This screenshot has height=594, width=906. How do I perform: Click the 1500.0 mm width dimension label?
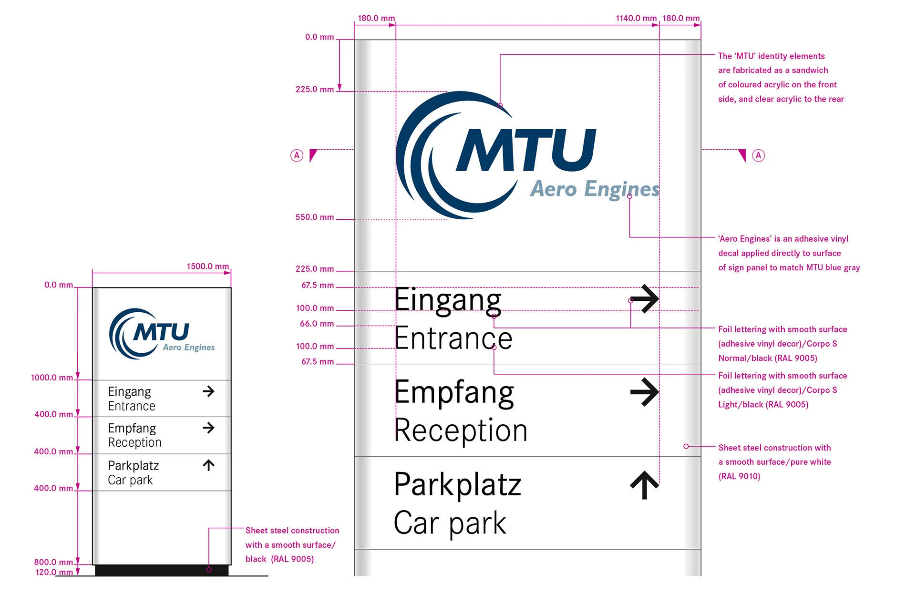point(207,266)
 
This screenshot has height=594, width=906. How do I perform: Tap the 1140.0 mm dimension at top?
point(636,18)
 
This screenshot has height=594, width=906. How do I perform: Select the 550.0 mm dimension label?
point(315,217)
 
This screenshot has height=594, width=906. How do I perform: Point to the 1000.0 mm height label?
point(52,378)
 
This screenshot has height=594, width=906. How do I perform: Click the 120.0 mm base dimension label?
point(54,572)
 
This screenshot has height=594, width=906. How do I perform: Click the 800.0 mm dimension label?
point(53,562)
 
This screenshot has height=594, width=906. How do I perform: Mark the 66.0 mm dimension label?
point(317,324)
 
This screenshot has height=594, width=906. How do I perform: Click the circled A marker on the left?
point(297,155)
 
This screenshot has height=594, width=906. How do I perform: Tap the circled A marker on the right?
point(758,155)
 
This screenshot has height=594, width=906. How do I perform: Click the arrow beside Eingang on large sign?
point(644,299)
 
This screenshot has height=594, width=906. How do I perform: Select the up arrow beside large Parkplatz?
point(645,485)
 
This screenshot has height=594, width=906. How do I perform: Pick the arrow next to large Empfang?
point(644,392)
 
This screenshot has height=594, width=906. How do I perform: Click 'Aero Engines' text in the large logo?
point(595,189)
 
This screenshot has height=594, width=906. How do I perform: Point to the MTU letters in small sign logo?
point(161,332)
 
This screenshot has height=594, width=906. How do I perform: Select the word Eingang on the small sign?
point(129,392)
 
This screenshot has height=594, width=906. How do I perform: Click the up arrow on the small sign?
point(208,465)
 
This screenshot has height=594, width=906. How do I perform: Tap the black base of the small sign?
point(162,570)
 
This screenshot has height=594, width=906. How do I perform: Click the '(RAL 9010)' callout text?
point(739,476)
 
